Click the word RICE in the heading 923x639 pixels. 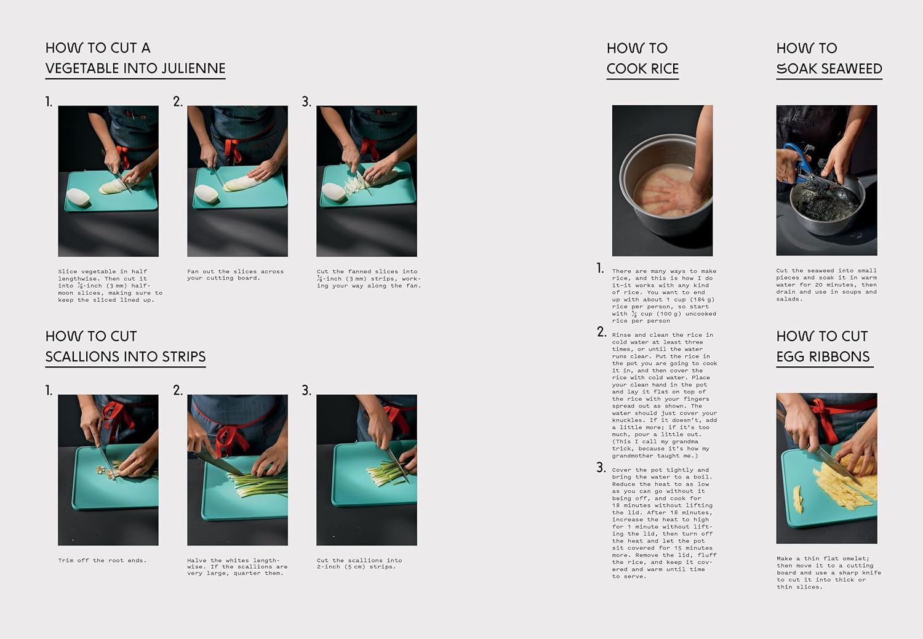click(665, 68)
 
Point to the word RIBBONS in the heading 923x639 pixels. click(843, 356)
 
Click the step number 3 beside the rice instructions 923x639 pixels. click(601, 468)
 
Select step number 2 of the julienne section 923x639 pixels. click(178, 102)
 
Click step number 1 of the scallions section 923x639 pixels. click(49, 390)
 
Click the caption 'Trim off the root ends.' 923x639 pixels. click(102, 560)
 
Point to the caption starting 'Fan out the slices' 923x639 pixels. click(235, 275)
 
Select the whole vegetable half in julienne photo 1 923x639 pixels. click(78, 198)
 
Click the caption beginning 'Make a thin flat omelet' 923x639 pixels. click(828, 573)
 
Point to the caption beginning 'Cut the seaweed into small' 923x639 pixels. click(826, 284)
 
